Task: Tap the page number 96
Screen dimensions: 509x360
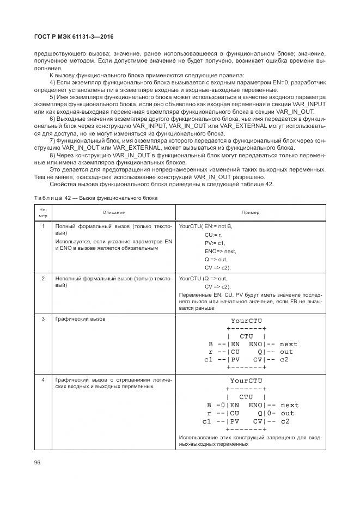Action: click(x=38, y=462)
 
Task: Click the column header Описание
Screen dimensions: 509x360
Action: click(x=113, y=212)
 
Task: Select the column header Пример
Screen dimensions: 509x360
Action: click(x=251, y=212)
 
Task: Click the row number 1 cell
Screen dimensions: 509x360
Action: click(x=43, y=226)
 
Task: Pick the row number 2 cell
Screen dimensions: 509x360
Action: click(x=43, y=279)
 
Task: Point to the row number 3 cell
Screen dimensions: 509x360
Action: click(x=43, y=319)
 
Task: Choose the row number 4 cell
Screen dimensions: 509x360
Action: click(x=43, y=379)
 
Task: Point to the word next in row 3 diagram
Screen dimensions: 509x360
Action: click(x=289, y=344)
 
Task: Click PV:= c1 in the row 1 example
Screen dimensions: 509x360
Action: click(x=215, y=243)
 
